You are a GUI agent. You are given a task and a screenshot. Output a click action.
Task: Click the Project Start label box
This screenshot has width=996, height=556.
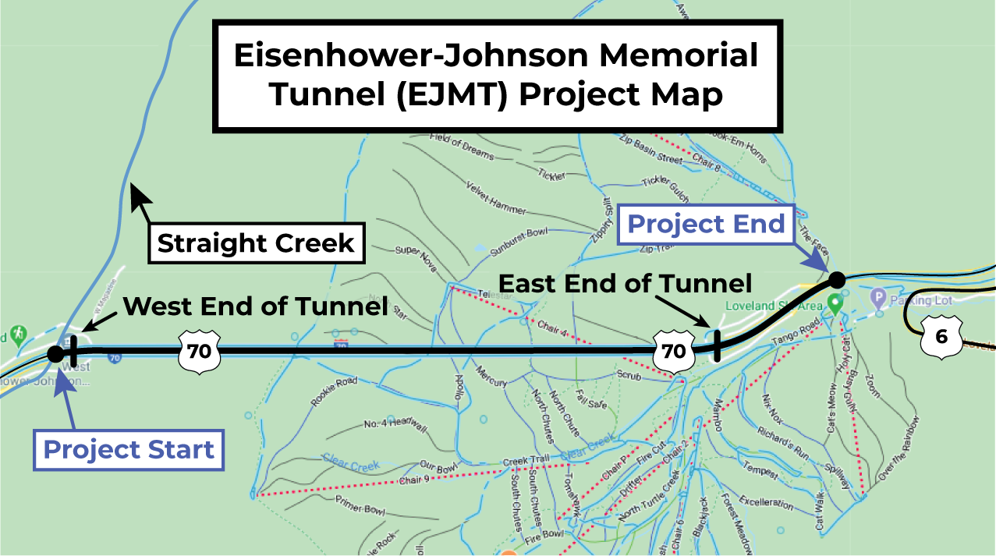pos(128,450)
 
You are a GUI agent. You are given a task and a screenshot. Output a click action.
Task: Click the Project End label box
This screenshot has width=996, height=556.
pos(706,225)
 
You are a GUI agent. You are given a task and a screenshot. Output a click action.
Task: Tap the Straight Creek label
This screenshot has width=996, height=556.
pos(256,243)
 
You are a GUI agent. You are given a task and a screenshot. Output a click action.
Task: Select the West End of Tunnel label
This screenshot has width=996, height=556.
pos(256,306)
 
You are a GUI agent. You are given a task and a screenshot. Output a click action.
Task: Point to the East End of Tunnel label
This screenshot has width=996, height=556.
pos(625,283)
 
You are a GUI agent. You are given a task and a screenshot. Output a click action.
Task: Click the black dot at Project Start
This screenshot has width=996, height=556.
pos(55,354)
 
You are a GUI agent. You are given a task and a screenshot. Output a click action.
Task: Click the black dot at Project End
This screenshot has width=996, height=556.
pos(836,279)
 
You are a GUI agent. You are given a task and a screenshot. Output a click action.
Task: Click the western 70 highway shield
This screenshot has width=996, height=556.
pos(199,351)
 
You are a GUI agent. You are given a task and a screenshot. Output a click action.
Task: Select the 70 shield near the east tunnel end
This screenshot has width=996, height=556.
pos(674,351)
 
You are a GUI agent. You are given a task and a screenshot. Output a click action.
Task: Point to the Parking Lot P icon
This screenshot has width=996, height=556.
pos(878,297)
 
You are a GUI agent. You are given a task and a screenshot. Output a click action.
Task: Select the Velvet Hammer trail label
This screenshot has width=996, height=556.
pos(496,198)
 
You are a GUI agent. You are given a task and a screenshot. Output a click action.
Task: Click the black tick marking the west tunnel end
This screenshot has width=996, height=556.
pos(73,352)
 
